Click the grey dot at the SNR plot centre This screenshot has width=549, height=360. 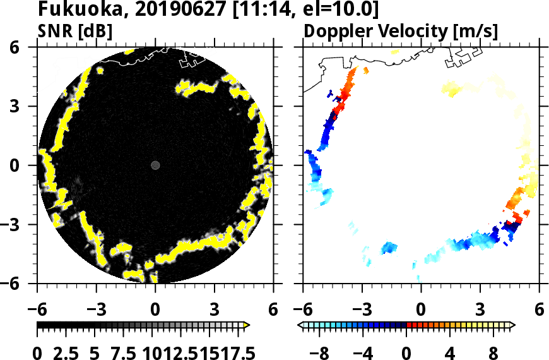pyautogui.click(x=155, y=165)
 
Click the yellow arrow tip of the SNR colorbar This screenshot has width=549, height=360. pyautogui.click(x=247, y=325)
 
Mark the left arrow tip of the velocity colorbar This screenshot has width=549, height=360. pyautogui.click(x=300, y=325)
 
